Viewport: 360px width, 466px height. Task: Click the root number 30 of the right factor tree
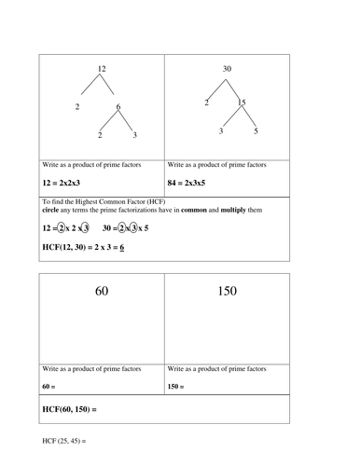227,69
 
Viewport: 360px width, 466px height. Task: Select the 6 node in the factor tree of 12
118,107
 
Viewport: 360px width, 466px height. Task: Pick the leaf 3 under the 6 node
135,136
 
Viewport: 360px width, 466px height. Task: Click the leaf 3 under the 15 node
221,132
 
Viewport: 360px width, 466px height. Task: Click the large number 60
102,292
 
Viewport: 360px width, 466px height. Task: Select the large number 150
227,292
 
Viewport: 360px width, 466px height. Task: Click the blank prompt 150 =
178,384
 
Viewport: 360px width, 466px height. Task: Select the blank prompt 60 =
50,384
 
